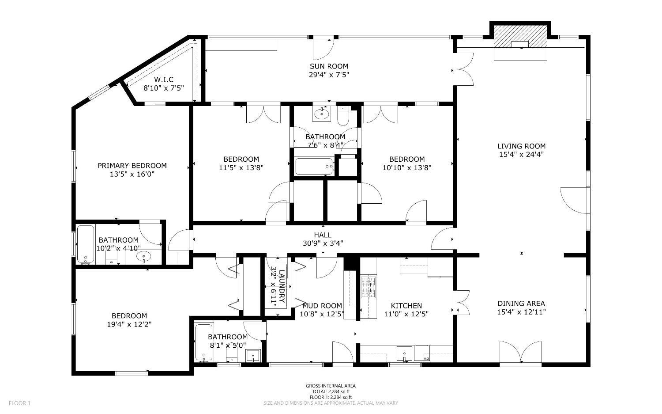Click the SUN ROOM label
329,66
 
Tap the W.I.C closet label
164,80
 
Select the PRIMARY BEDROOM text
132,166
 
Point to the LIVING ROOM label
521,146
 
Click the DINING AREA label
521,304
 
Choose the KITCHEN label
406,306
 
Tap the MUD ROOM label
322,306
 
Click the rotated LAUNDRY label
282,286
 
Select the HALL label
323,235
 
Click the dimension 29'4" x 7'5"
329,75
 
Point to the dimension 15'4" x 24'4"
521,155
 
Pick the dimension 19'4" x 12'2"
129,324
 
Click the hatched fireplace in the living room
520,36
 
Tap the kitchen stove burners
369,287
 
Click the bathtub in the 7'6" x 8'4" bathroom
314,166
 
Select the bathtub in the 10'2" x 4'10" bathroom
86,244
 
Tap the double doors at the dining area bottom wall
521,352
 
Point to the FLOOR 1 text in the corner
19,403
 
